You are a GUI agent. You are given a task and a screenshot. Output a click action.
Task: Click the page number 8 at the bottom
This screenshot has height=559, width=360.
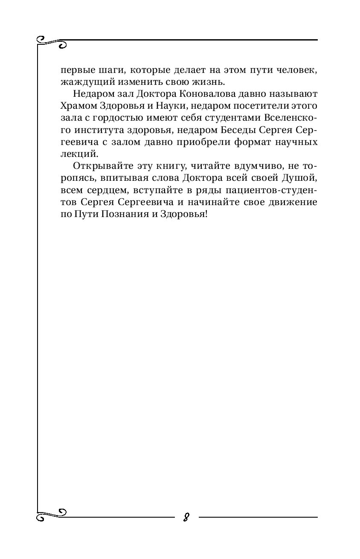click(x=186, y=517)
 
